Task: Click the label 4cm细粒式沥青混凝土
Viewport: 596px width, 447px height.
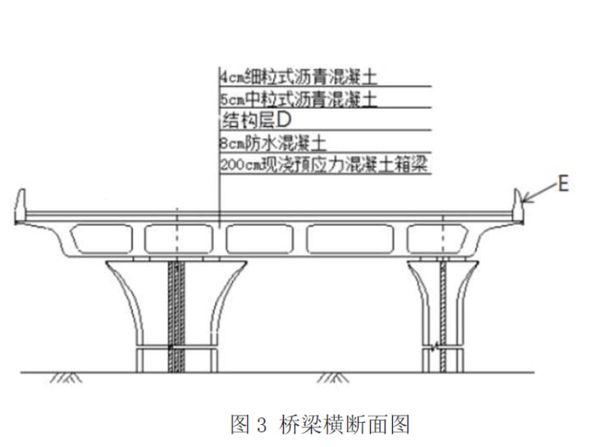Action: (x=299, y=77)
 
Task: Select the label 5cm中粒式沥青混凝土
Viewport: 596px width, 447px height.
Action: (x=299, y=99)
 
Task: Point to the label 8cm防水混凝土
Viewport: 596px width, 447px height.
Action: (x=273, y=144)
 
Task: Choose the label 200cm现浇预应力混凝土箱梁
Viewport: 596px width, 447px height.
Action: (x=325, y=165)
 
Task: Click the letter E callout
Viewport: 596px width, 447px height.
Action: (x=561, y=185)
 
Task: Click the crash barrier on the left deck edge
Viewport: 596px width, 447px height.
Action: (x=21, y=204)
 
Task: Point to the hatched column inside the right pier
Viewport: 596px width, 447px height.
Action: (x=443, y=314)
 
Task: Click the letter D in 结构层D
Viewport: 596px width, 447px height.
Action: (x=285, y=121)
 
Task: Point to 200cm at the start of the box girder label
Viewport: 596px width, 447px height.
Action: (x=236, y=165)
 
